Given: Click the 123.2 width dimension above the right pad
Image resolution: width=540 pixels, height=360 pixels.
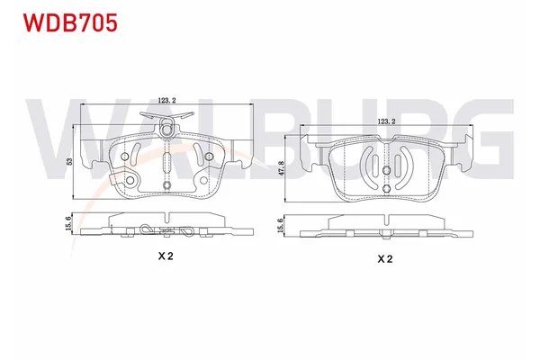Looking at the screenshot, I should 387,120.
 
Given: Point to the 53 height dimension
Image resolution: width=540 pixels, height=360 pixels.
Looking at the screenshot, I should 70,162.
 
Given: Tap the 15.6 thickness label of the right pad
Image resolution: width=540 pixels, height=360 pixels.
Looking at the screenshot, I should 282,228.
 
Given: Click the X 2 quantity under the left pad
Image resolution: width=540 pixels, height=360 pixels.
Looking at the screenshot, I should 166,256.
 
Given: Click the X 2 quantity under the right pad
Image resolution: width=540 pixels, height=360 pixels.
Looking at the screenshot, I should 385,259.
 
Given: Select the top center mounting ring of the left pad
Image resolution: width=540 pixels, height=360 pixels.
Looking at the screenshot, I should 168,130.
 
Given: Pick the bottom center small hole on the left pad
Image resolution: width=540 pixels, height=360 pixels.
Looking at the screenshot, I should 168,185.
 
